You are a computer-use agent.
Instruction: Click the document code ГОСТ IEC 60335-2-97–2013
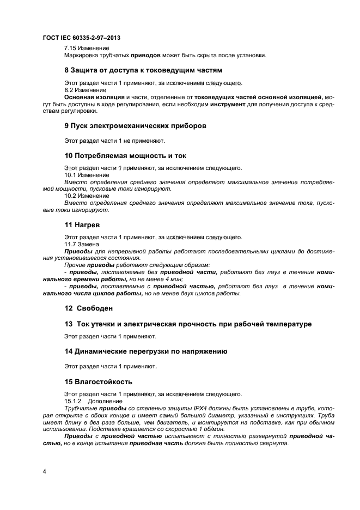click(x=81, y=38)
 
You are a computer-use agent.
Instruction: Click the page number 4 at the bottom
click(x=45, y=470)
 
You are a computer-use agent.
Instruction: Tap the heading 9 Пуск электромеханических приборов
click(x=136, y=126)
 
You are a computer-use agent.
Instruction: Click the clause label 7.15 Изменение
click(x=87, y=48)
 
